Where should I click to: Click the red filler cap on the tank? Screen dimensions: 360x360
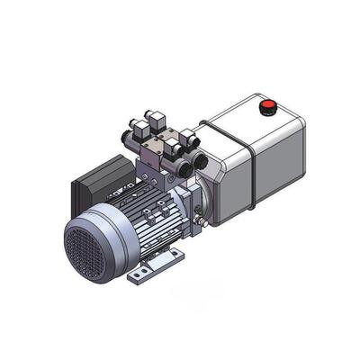266,107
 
